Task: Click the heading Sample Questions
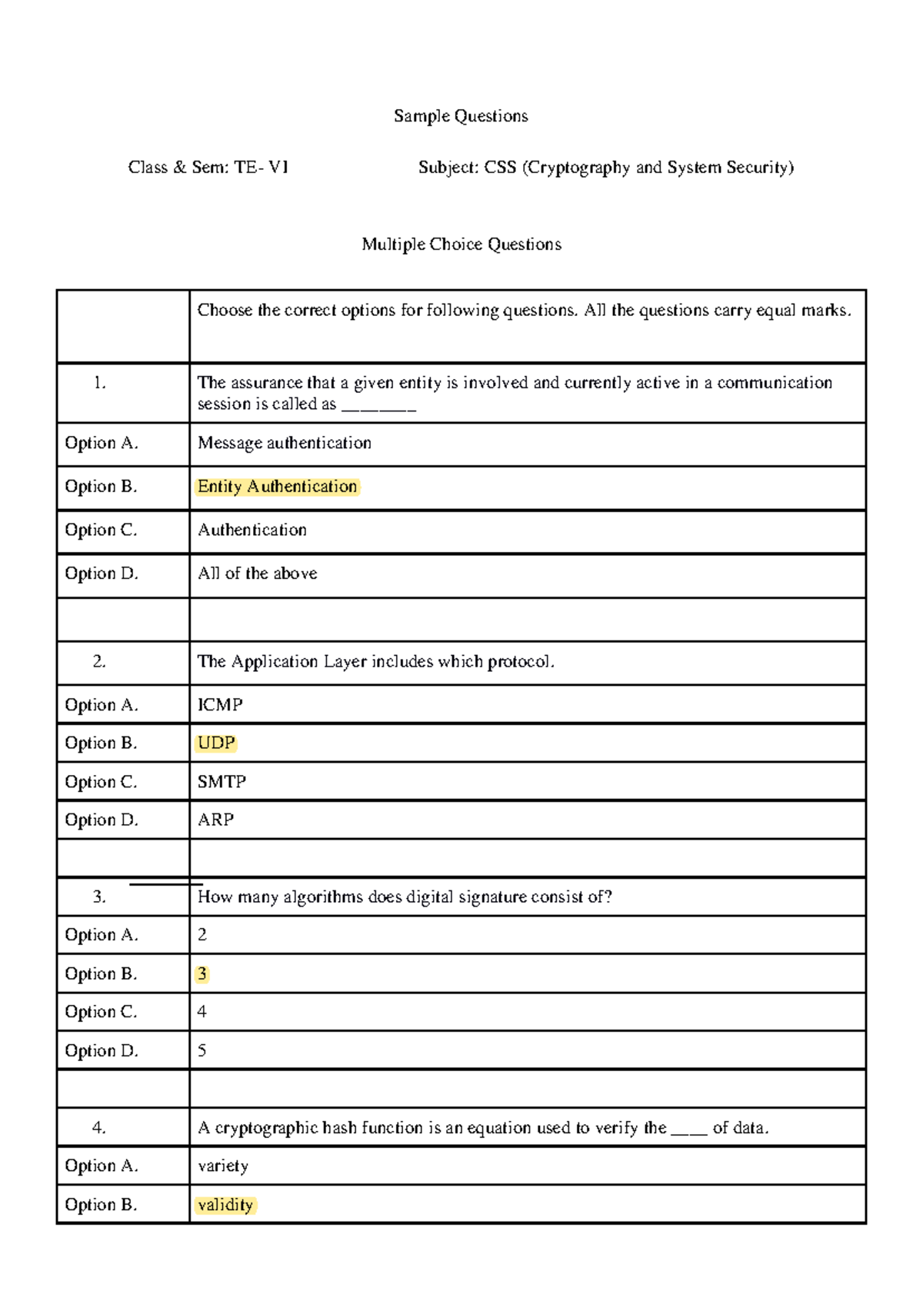461,116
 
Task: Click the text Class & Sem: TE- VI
208,168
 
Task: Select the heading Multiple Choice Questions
461,244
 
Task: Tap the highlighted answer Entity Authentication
277,487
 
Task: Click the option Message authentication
284,443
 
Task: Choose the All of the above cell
257,574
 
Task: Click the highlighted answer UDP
216,743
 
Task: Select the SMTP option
222,782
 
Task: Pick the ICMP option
220,705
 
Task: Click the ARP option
215,820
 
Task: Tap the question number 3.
99,896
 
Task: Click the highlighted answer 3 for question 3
202,974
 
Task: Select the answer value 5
202,1051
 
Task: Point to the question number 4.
99,1128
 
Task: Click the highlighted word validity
225,1205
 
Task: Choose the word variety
222,1166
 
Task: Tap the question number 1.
99,383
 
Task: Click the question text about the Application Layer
375,662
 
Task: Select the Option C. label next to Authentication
101,531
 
